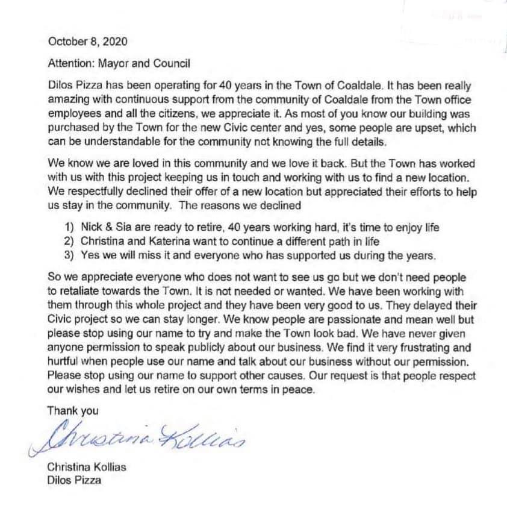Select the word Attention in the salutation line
tap(69, 63)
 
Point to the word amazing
tap(66, 99)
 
